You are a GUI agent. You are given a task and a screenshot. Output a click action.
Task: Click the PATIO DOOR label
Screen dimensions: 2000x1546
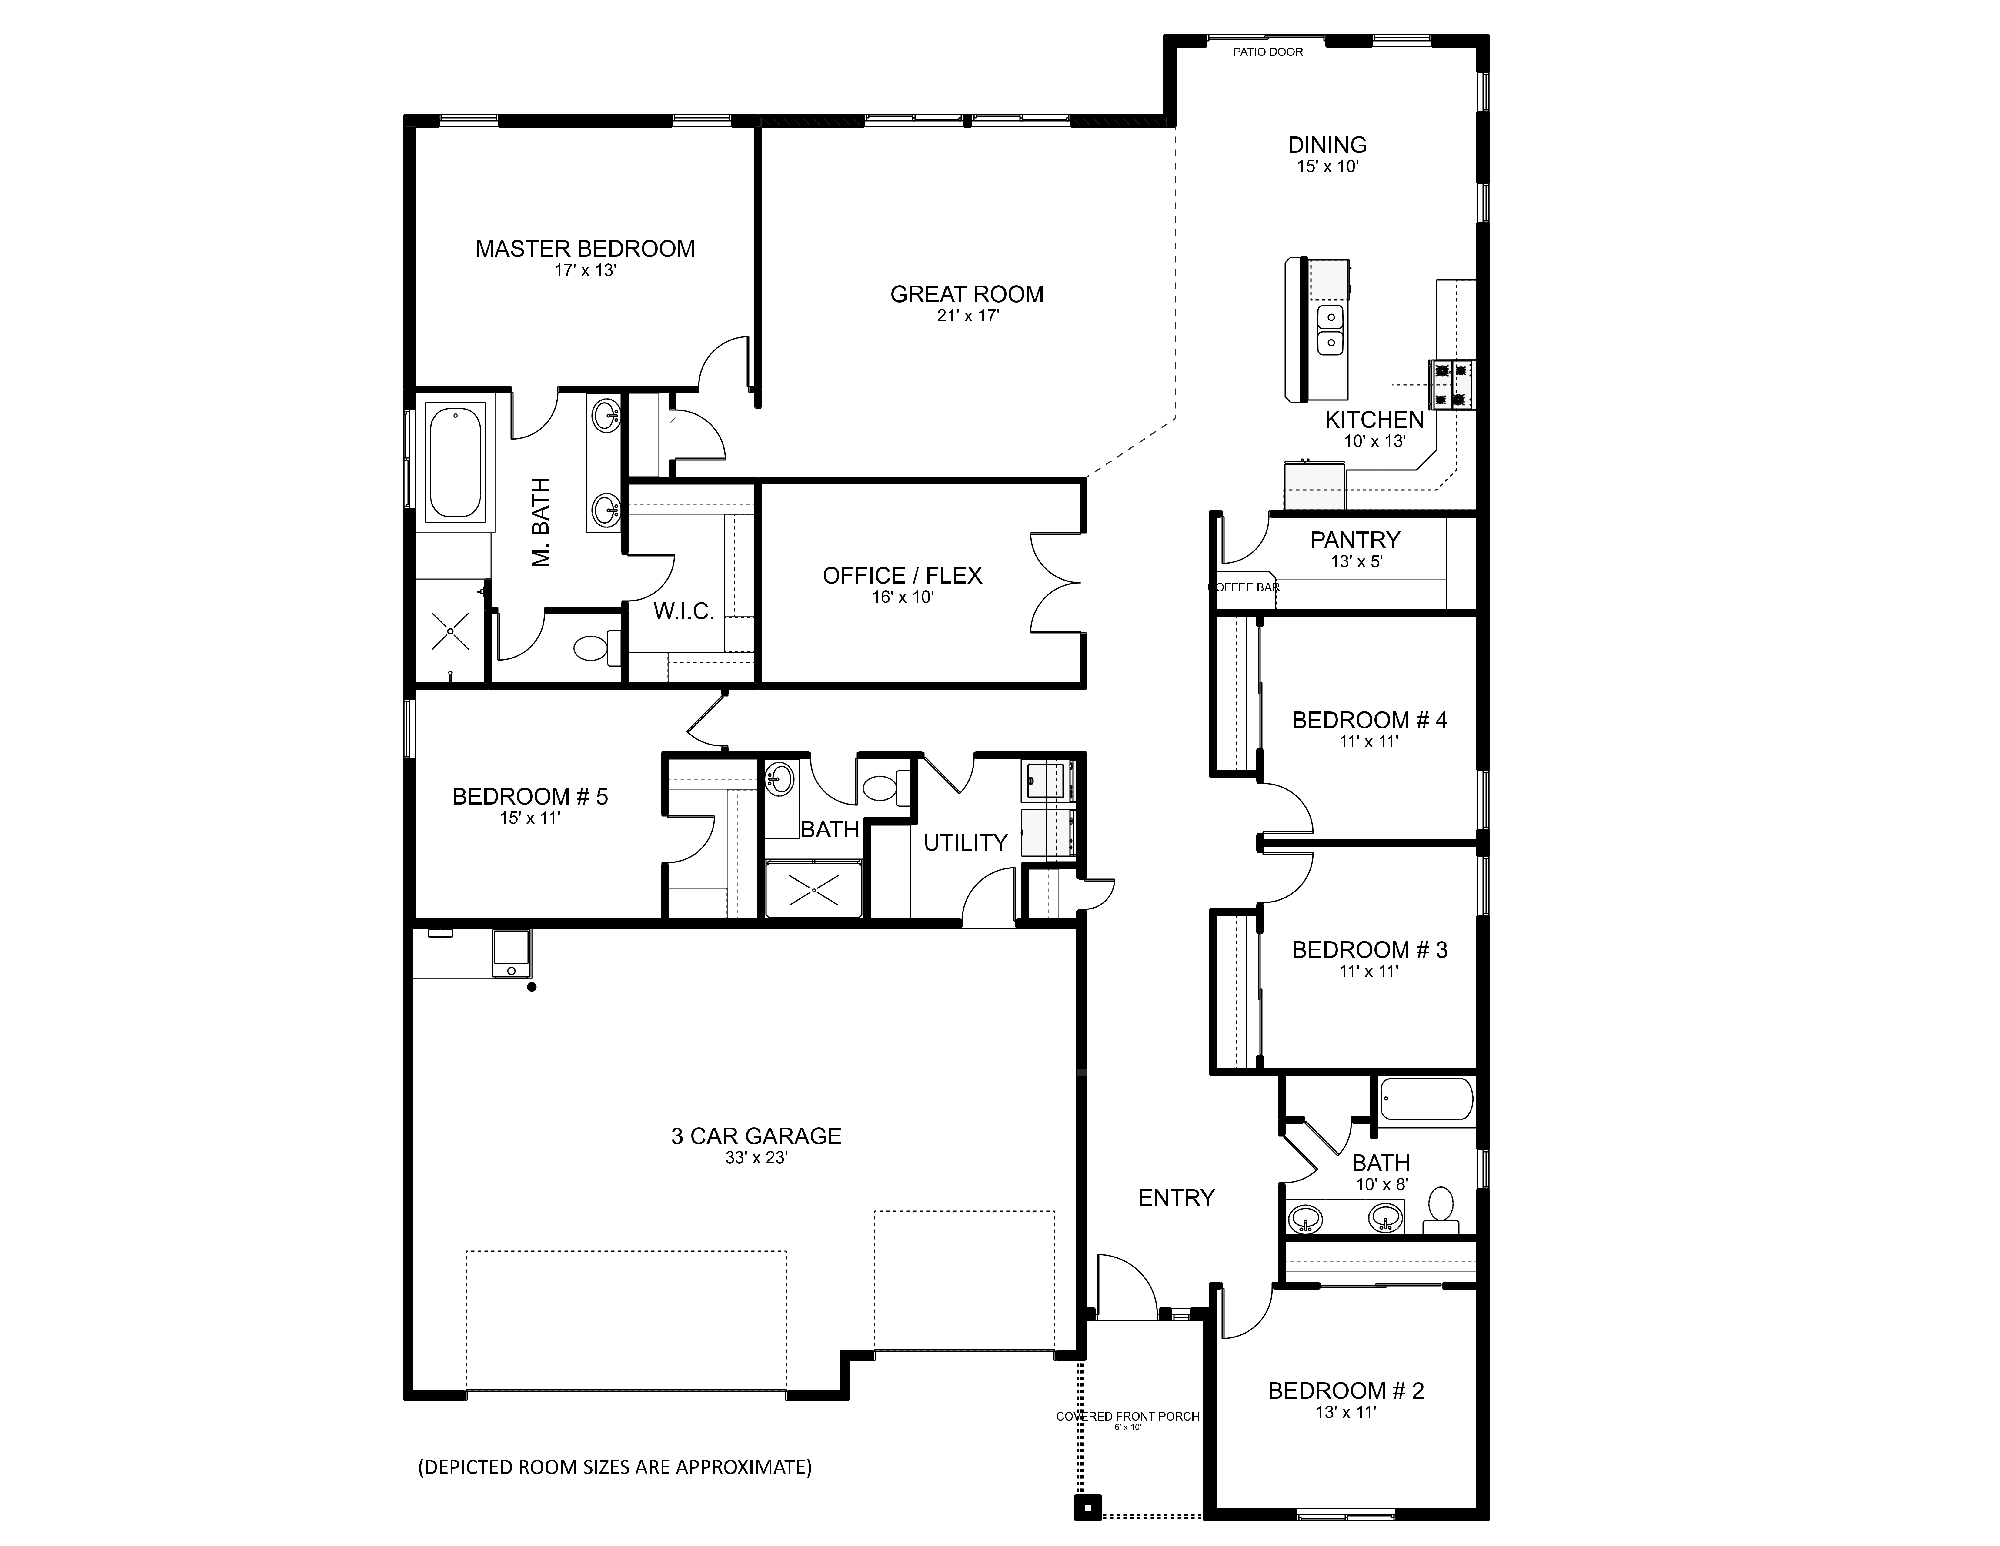(1267, 52)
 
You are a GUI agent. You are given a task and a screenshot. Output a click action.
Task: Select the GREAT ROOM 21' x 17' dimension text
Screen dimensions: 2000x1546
(967, 316)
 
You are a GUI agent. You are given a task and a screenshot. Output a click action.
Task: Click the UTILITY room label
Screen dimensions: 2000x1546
(965, 843)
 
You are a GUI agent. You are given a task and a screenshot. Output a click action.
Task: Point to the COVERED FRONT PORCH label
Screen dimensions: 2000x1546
(1127, 1416)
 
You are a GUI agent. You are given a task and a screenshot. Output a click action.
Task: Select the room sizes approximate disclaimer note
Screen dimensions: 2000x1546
(614, 1467)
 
